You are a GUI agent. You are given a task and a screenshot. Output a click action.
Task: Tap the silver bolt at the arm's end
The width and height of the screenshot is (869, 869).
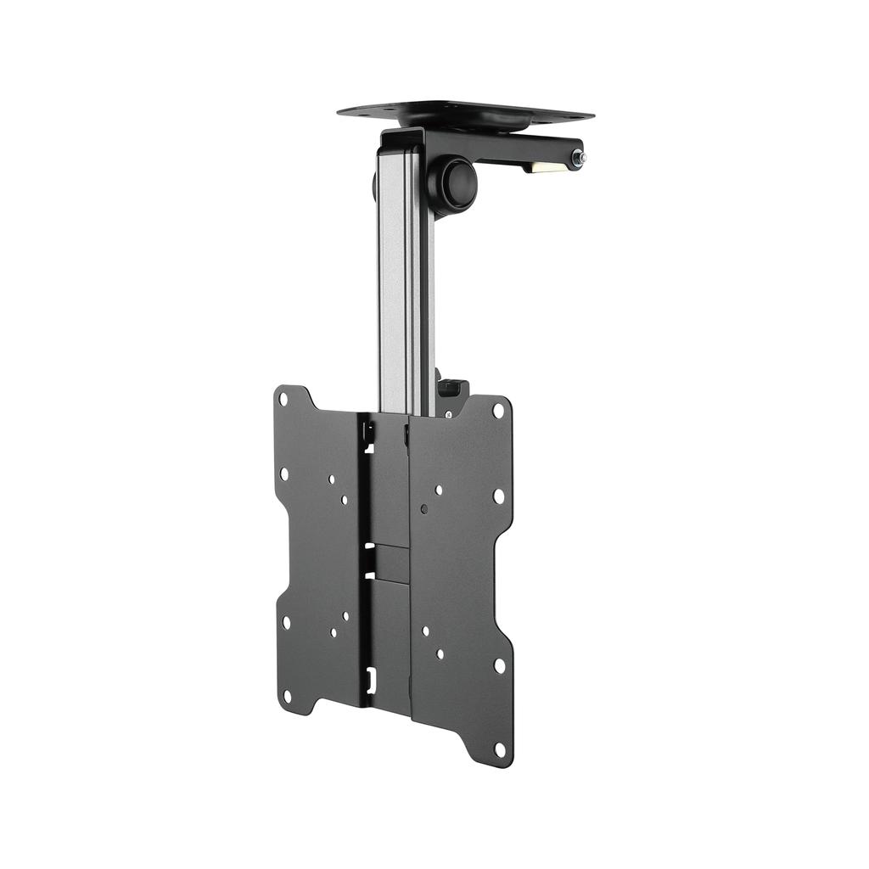click(x=577, y=158)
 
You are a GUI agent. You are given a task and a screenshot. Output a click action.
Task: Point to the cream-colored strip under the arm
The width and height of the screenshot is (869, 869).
click(x=541, y=167)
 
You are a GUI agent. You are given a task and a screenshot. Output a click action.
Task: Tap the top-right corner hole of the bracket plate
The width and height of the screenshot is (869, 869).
click(x=498, y=410)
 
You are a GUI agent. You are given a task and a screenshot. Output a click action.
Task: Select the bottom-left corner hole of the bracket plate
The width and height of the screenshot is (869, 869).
click(x=287, y=697)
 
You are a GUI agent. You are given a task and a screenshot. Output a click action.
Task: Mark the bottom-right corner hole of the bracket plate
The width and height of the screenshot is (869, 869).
click(x=499, y=750)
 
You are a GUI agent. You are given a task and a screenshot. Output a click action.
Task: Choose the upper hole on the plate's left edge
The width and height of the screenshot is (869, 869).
click(x=283, y=474)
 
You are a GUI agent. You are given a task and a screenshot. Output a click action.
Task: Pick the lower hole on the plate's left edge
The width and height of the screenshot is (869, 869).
click(x=285, y=622)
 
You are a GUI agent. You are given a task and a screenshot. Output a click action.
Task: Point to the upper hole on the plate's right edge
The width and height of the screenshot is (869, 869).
click(x=499, y=495)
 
